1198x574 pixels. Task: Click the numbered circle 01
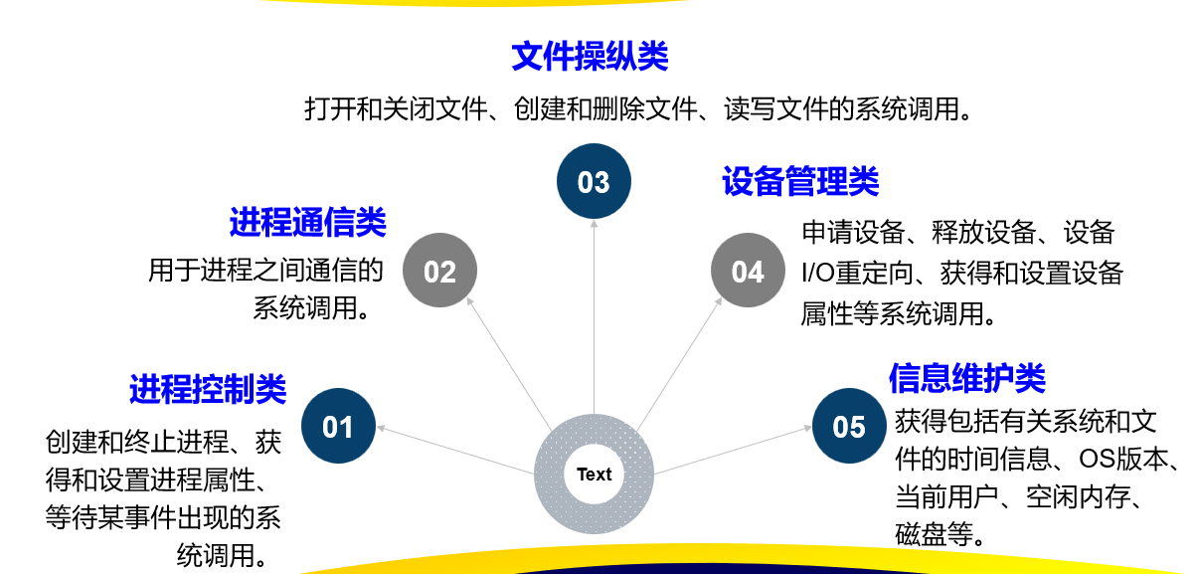(x=338, y=427)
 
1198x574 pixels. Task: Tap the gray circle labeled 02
(x=439, y=271)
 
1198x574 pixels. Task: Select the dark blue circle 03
(x=594, y=182)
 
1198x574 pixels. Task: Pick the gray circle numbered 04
(x=748, y=271)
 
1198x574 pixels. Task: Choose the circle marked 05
(x=849, y=427)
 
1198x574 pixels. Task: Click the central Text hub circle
(x=594, y=474)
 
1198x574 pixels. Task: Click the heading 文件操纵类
(x=590, y=57)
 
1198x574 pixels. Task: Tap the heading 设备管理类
(x=800, y=182)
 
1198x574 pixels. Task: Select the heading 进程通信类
(x=307, y=222)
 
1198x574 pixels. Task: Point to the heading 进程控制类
(x=208, y=389)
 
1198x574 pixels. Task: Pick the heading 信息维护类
(x=966, y=378)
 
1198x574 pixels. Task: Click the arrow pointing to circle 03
(x=594, y=318)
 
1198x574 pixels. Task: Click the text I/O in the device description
(x=817, y=274)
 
